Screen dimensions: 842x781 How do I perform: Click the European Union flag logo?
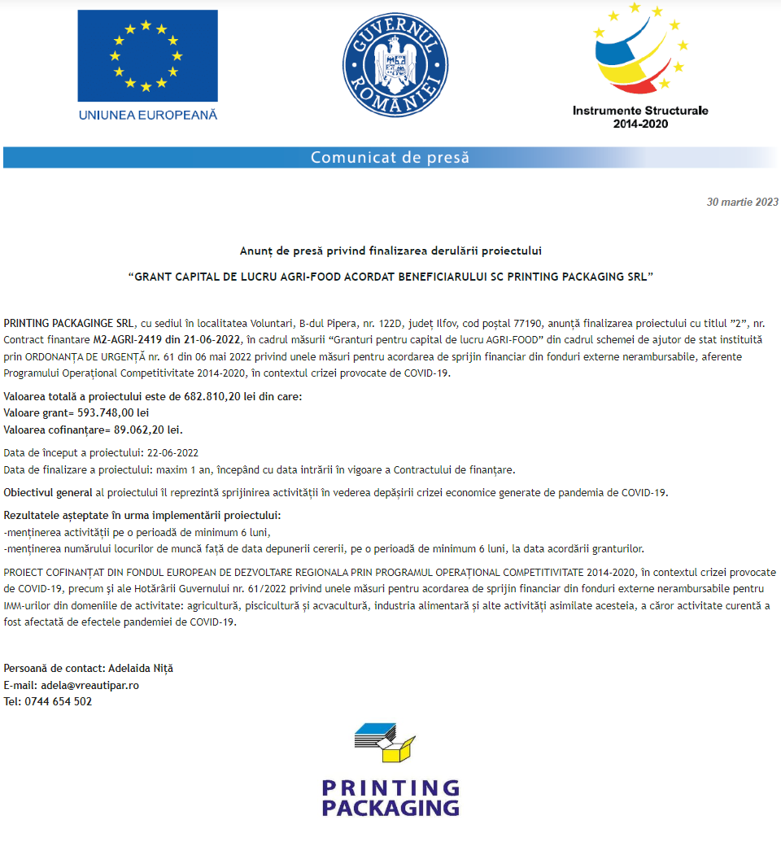coord(147,55)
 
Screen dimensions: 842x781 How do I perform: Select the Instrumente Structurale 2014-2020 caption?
coord(640,117)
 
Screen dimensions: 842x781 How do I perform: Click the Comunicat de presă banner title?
coord(390,157)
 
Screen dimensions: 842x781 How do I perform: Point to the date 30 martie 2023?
coord(742,202)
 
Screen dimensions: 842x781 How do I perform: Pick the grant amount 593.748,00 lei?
coord(112,413)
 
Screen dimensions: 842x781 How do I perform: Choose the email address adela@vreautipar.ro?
coord(89,685)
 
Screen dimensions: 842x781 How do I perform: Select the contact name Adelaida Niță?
coord(141,669)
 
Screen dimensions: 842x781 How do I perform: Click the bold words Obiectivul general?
coord(48,492)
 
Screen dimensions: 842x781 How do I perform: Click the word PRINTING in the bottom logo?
coord(390,787)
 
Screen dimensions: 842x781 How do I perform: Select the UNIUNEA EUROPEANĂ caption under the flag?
coord(147,115)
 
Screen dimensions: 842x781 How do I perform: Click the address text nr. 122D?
coord(374,323)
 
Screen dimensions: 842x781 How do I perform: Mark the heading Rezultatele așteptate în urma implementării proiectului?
coord(142,516)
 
